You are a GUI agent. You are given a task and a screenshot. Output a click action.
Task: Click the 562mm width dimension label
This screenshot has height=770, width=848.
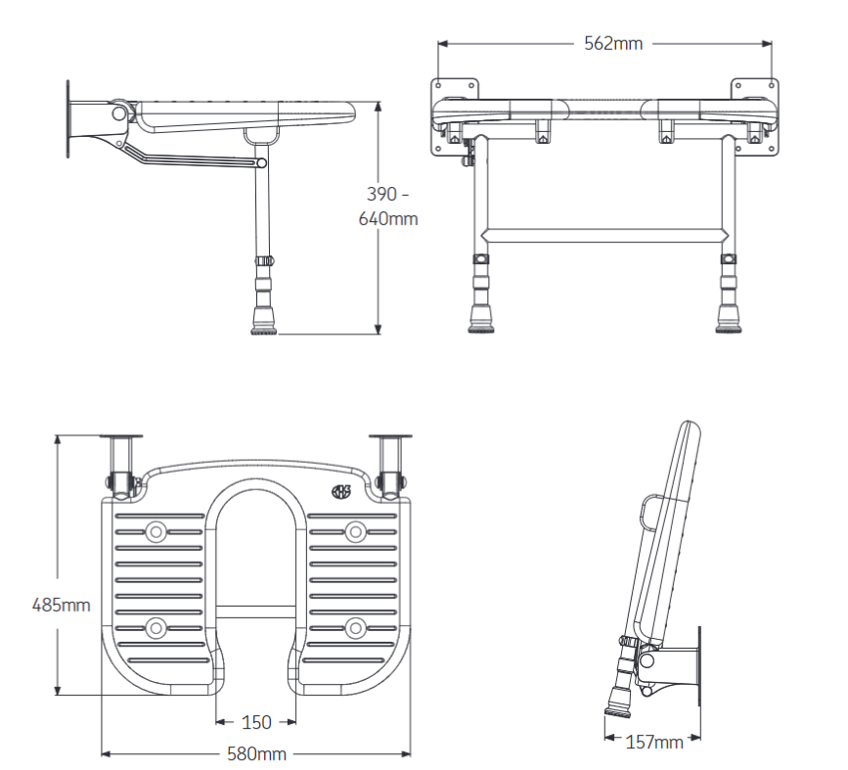[613, 43]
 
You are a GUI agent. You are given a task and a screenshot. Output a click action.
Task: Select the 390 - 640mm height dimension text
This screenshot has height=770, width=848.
[388, 205]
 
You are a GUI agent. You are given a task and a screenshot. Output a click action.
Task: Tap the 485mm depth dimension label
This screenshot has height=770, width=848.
[62, 605]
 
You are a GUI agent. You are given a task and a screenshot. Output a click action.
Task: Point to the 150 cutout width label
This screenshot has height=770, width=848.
[256, 722]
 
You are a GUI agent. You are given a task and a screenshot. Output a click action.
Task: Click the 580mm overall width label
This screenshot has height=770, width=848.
[256, 753]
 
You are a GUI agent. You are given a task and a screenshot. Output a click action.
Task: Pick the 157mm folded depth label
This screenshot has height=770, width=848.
[653, 742]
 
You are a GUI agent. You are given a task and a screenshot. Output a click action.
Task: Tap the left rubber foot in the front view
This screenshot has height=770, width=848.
[482, 318]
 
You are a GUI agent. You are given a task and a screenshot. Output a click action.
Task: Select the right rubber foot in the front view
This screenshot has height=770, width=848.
[728, 318]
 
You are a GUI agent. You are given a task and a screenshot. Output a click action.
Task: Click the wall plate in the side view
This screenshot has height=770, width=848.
[67, 119]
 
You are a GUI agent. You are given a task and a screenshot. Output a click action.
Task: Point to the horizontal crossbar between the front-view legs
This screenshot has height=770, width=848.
[603, 235]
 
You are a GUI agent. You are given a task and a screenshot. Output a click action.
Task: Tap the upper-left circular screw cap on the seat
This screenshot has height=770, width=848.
[156, 531]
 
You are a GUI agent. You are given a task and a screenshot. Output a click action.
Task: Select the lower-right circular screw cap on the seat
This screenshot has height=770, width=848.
[355, 627]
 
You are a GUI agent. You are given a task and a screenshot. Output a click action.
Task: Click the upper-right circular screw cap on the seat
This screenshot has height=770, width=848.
[355, 531]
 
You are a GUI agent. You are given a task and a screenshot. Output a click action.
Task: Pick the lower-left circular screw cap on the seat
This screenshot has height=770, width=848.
[156, 627]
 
